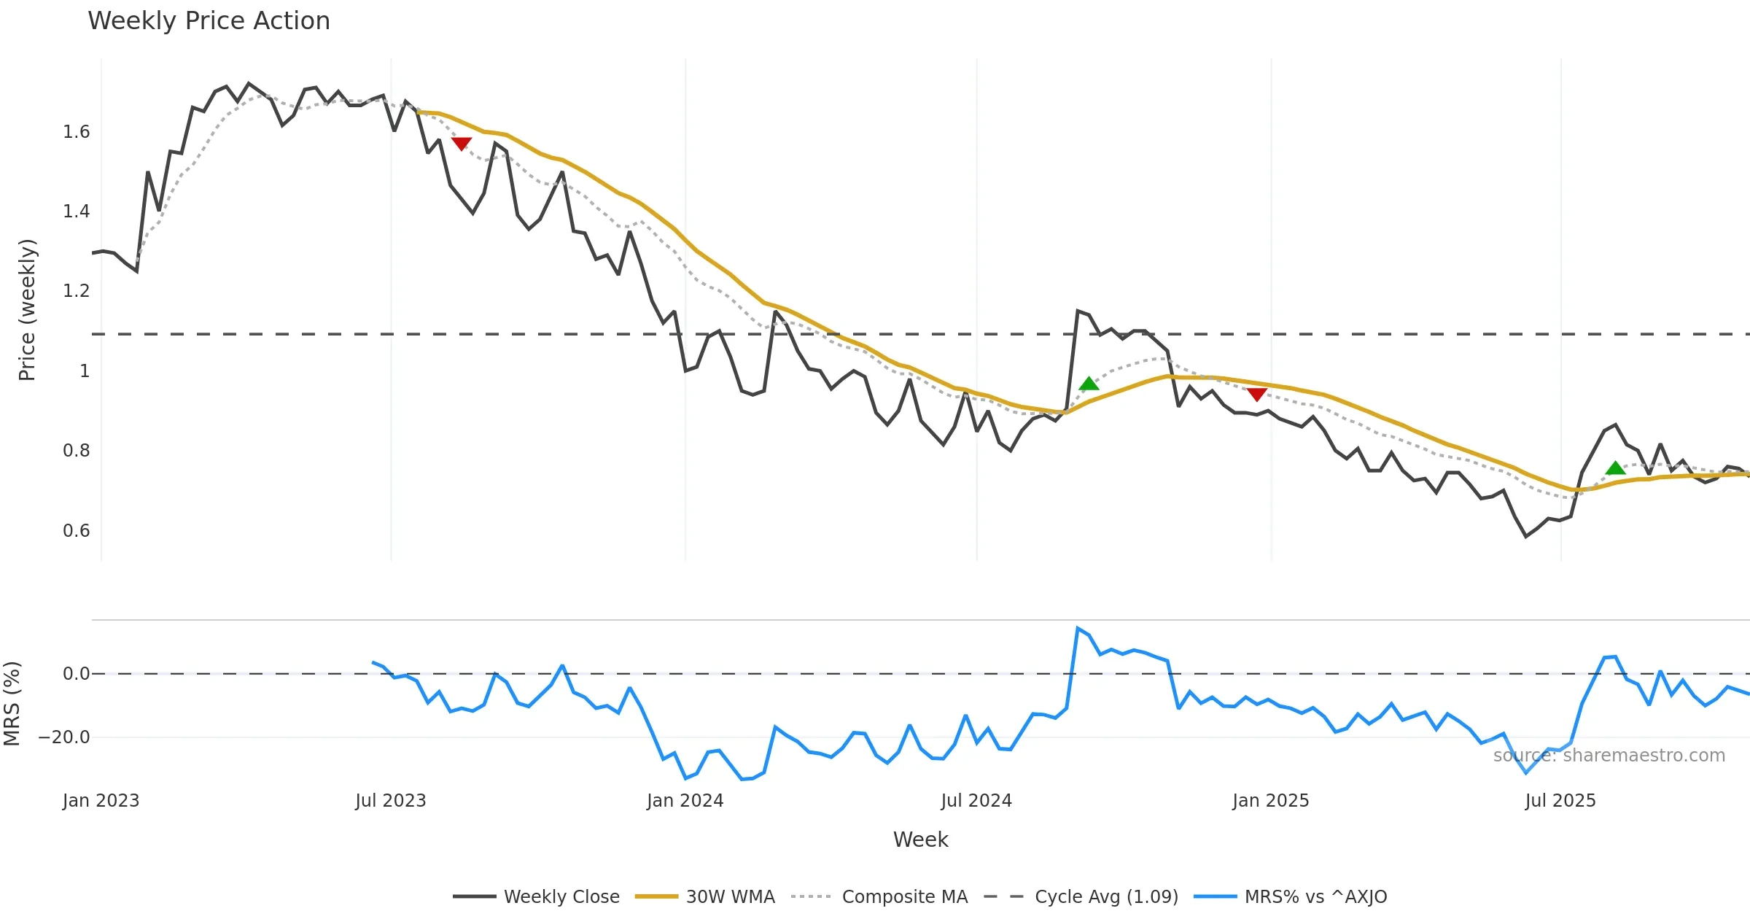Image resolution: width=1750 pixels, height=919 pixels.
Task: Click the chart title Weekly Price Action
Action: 209,20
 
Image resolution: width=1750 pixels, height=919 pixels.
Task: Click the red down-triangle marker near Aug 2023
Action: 462,144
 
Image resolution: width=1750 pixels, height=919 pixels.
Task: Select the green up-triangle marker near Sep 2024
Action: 1089,384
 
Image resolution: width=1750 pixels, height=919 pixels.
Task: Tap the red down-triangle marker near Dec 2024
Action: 1257,395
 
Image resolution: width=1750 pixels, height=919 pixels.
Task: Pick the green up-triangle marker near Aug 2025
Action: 1616,468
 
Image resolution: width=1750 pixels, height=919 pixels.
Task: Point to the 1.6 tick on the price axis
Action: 77,132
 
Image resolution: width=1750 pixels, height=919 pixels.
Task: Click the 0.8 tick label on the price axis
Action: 77,451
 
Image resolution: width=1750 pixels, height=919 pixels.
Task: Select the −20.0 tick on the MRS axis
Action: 64,737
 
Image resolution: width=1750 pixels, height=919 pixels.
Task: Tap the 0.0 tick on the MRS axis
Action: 77,674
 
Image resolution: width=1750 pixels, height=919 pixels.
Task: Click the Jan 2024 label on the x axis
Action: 685,801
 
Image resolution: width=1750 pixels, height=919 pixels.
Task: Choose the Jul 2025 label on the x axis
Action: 1560,801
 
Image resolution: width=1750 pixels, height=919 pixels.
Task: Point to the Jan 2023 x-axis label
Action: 101,801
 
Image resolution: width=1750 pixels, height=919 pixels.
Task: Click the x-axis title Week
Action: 920,839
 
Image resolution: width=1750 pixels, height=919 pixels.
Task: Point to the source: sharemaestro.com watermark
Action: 1609,756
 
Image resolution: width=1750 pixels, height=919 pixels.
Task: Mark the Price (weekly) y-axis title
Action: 27,310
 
